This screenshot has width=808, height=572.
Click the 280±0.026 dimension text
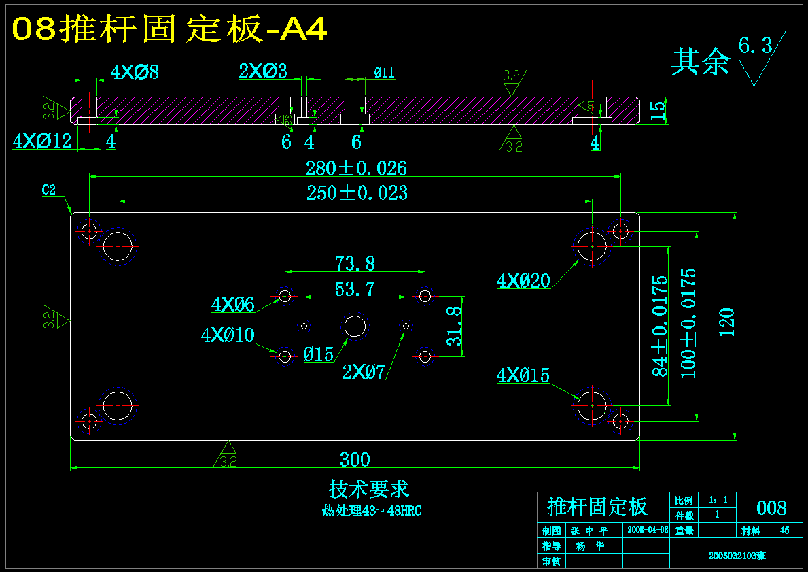click(356, 168)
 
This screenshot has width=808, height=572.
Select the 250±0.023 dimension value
click(357, 192)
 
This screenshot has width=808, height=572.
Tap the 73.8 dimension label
click(355, 263)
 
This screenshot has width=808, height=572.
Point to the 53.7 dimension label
click(355, 289)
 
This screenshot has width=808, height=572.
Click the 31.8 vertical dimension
click(455, 326)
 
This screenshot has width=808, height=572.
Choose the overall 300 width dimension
click(355, 460)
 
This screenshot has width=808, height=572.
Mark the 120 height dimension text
click(726, 322)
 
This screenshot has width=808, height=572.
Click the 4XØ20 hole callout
click(523, 280)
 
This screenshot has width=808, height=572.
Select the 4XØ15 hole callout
click(523, 375)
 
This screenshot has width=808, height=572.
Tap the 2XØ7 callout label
click(364, 371)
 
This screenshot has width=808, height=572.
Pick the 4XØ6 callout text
click(232, 305)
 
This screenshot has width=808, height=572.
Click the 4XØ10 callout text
click(228, 335)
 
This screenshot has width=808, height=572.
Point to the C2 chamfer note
click(49, 190)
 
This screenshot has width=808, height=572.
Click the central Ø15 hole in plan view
click(355, 326)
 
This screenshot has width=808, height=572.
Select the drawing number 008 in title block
click(771, 508)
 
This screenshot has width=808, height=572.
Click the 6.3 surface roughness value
click(756, 46)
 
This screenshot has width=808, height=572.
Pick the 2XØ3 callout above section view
click(263, 71)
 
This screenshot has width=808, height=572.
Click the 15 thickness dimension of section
click(657, 110)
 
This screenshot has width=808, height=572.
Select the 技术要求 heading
click(369, 489)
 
